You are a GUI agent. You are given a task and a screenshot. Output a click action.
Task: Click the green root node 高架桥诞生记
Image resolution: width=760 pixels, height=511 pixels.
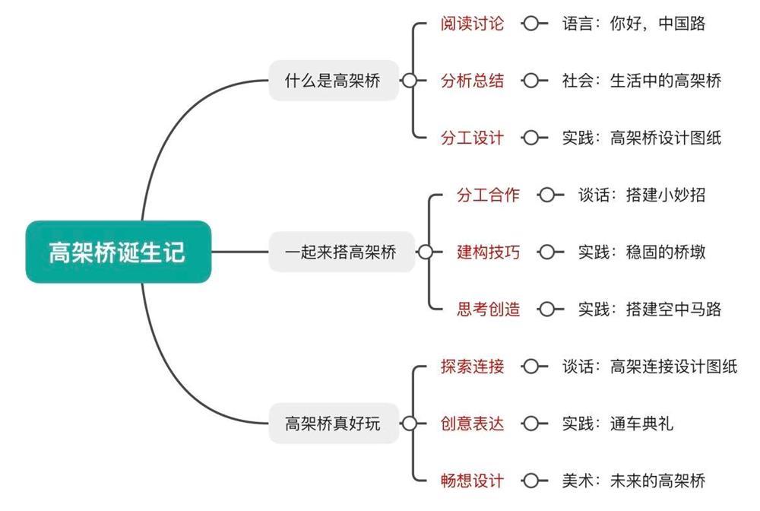tap(117, 252)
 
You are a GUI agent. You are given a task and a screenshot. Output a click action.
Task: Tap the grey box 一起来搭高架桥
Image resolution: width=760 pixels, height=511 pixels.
tap(341, 252)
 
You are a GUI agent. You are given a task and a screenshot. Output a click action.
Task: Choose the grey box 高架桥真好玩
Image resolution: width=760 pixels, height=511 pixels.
tap(333, 424)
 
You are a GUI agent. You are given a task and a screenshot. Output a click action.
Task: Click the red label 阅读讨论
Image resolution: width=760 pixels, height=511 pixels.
tap(472, 24)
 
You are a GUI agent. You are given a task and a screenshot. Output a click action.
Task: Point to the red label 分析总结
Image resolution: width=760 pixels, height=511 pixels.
tap(472, 81)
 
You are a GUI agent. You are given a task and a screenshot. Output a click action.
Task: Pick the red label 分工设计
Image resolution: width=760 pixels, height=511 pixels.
tap(472, 138)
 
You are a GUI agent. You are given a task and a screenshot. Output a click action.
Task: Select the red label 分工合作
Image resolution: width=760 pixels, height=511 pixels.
tap(488, 195)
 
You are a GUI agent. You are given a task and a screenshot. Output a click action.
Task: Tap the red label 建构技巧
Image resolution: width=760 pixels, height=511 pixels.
tap(488, 252)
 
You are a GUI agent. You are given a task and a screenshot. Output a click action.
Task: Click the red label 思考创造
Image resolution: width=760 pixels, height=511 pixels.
tap(488, 309)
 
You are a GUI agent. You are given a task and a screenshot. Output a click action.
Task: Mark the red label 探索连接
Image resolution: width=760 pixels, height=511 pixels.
tap(472, 367)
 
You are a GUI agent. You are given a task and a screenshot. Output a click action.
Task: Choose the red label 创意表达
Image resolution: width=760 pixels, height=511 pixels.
tap(472, 424)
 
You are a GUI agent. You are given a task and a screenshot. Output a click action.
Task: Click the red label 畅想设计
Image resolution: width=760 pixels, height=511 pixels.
tap(472, 481)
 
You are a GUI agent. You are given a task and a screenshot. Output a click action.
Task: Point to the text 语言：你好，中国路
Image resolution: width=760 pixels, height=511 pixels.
tap(633, 24)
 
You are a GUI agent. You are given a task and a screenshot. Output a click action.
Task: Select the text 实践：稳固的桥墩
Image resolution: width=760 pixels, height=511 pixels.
tap(641, 252)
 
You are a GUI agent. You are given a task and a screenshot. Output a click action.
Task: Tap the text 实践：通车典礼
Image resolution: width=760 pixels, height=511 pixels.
tap(617, 424)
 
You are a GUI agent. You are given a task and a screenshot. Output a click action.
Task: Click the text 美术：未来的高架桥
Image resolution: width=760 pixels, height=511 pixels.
tap(633, 481)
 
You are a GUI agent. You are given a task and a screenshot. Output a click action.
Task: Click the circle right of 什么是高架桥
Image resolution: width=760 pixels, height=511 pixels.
tap(409, 81)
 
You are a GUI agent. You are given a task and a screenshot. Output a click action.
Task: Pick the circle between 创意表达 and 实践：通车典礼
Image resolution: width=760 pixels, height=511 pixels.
tap(531, 424)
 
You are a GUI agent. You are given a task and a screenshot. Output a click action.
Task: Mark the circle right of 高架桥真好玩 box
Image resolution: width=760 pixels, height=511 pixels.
tap(409, 424)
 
